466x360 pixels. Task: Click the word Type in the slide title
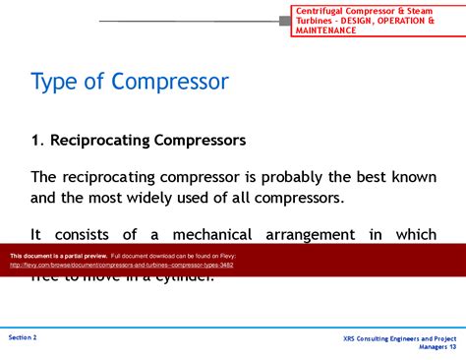[56, 82]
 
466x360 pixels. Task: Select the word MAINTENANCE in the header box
[325, 30]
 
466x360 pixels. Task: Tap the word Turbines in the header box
[316, 21]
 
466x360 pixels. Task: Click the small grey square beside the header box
[285, 21]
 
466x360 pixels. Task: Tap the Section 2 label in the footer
[23, 337]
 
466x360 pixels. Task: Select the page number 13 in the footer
[451, 347]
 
